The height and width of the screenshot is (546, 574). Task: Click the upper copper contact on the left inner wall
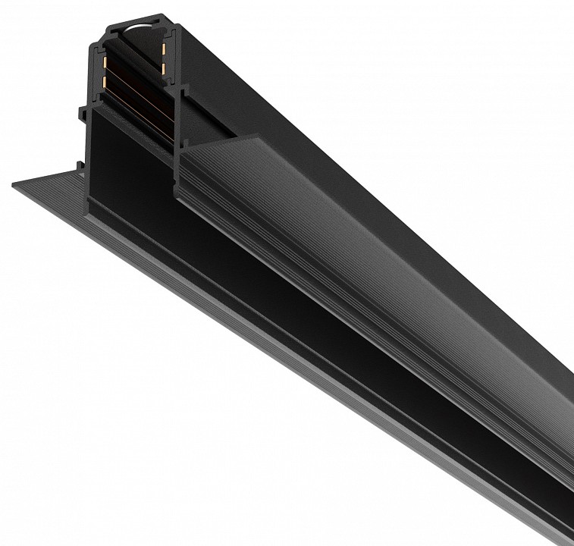click(x=103, y=58)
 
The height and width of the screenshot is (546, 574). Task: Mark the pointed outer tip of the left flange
click(x=14, y=184)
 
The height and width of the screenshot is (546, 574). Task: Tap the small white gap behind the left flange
click(x=83, y=168)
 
